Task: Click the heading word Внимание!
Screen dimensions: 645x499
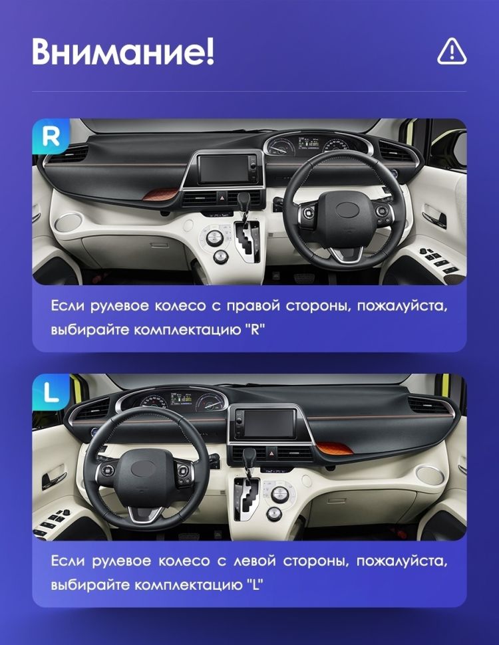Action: pos(123,51)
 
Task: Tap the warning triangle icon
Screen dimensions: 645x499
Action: pos(452,51)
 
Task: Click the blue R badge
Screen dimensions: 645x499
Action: pos(51,136)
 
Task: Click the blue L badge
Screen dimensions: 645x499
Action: pos(51,392)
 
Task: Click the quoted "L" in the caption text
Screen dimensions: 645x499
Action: pos(252,586)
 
